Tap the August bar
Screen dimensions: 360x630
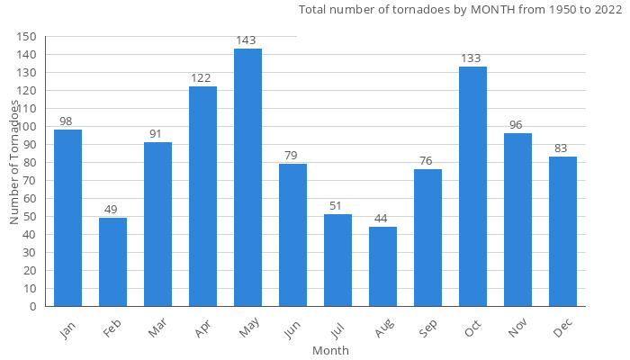coord(382,266)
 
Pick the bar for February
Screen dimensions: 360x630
coord(112,262)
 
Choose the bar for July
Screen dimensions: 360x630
coord(337,260)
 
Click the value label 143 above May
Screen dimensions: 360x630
coord(247,40)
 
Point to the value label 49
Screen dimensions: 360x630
coord(112,210)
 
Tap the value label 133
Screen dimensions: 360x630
coord(472,58)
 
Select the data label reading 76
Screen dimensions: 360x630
coord(427,161)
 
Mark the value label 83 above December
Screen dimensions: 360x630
coord(562,148)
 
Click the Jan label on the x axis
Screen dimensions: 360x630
coord(68,330)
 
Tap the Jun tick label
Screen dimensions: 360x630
coord(293,330)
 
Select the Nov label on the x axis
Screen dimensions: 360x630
coord(517,331)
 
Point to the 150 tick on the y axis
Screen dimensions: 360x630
coord(27,37)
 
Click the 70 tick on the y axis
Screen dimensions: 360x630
coord(30,181)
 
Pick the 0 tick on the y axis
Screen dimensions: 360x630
coord(33,307)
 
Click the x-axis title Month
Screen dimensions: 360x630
coord(330,350)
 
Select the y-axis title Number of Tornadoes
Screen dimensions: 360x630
coord(15,162)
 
